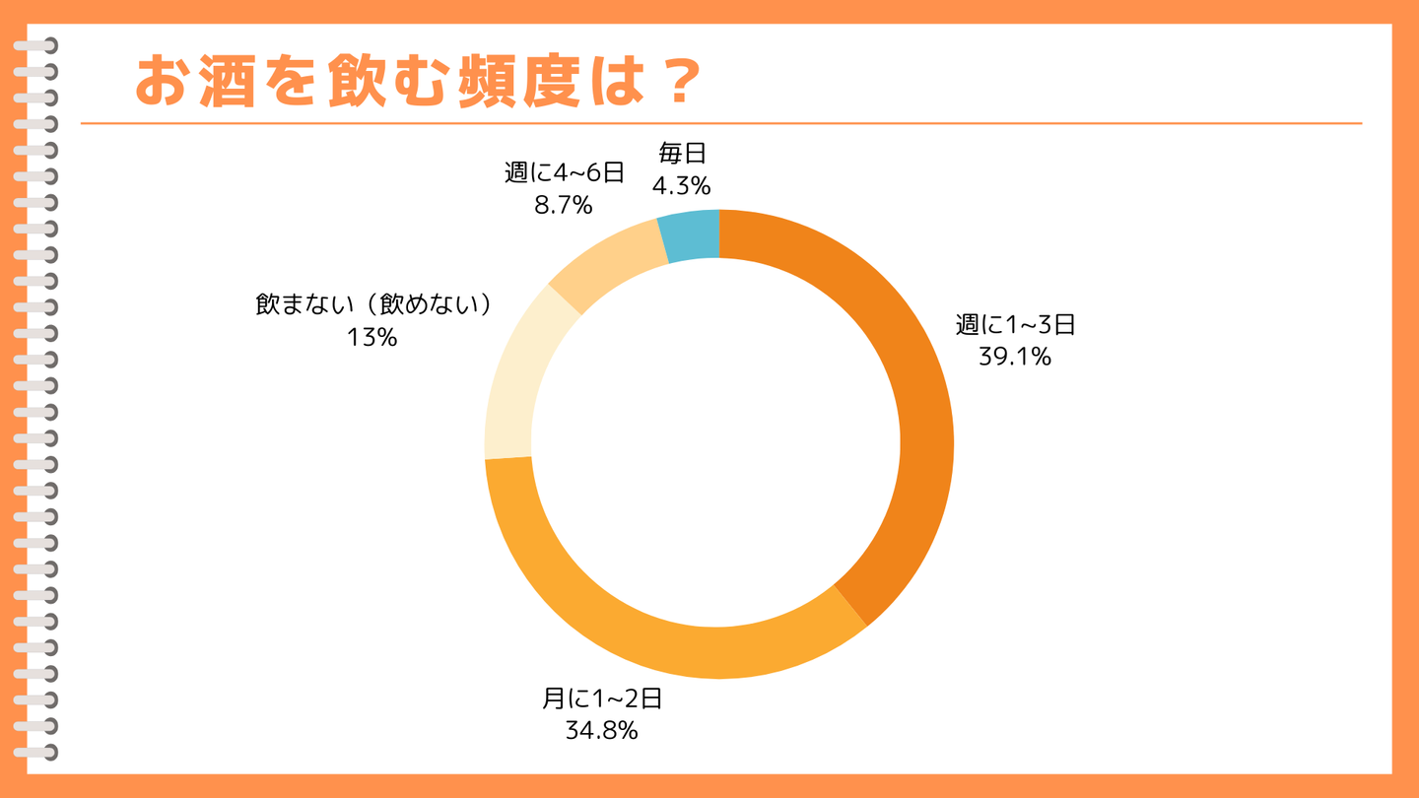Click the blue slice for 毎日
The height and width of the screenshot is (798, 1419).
[692, 235]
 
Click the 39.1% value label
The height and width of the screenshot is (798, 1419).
[1015, 357]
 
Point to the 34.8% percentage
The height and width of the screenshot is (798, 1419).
[601, 731]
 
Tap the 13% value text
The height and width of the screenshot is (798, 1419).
[372, 338]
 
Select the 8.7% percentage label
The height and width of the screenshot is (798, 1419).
[563, 205]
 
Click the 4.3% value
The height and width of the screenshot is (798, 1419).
[681, 185]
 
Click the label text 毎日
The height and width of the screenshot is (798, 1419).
[682, 153]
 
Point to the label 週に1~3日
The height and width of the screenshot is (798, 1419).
[1015, 324]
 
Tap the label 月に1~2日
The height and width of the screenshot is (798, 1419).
[601, 698]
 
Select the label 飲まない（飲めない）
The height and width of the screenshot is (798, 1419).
[373, 304]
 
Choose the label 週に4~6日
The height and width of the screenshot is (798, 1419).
[564, 172]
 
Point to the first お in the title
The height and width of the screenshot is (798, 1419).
[163, 81]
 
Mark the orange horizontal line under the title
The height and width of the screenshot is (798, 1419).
[720, 124]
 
